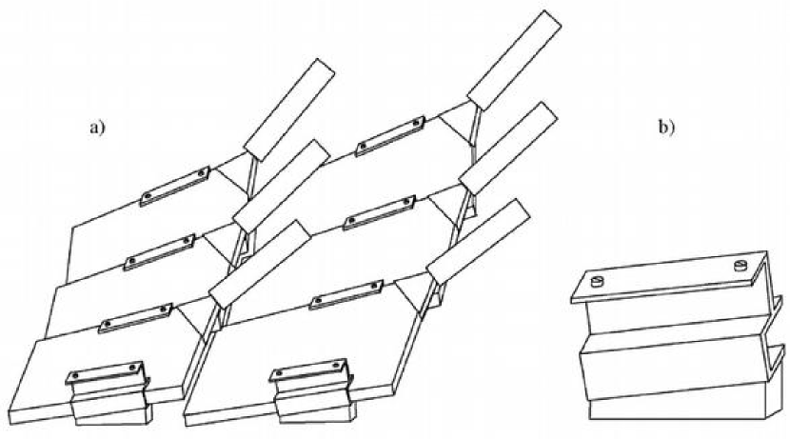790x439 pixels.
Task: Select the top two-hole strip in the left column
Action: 174,186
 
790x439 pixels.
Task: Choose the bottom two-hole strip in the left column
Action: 133,317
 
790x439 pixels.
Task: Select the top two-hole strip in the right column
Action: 389,137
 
